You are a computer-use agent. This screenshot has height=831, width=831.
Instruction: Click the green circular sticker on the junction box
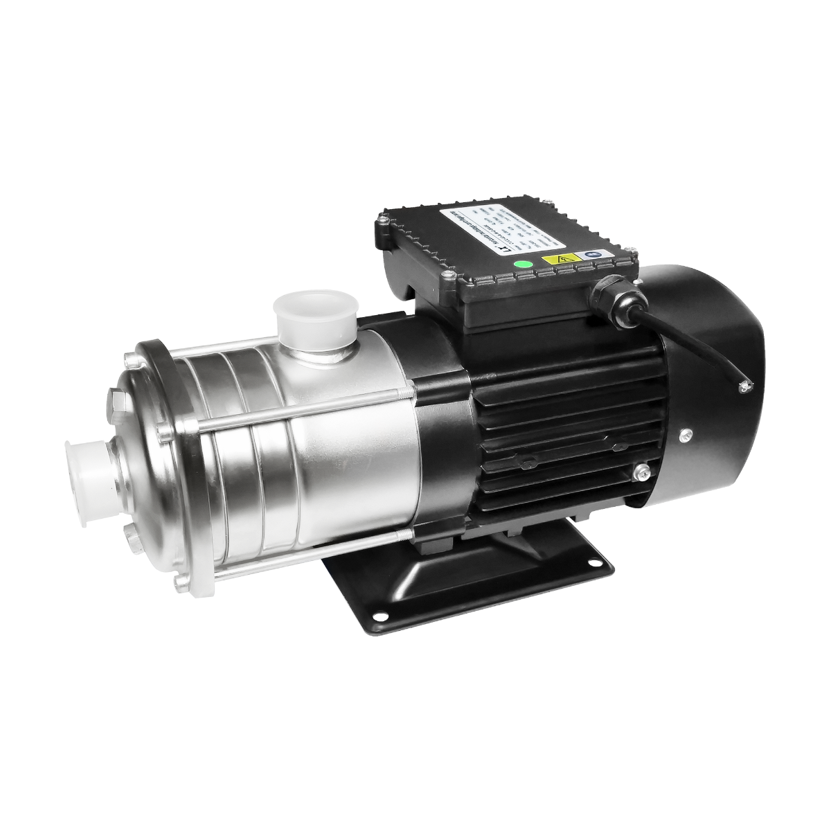click(524, 264)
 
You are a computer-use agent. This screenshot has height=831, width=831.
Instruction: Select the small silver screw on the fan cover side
click(685, 434)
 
